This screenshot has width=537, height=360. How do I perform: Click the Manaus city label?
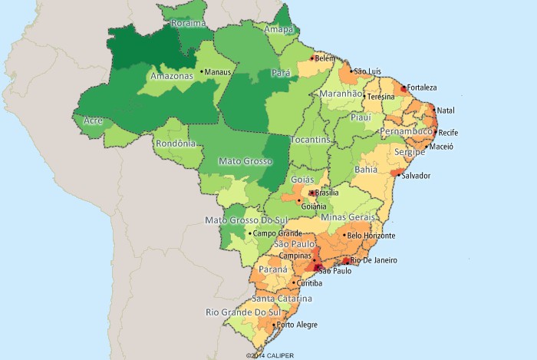[x=220, y=72]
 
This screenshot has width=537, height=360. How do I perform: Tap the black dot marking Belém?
[x=312, y=58]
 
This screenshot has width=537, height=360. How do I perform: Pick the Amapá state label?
[x=278, y=30]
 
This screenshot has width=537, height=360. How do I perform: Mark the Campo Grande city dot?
[x=249, y=233]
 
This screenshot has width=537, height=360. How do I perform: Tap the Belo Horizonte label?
[x=372, y=236]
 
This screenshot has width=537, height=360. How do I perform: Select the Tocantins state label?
[x=311, y=140]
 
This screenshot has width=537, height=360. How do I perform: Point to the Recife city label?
[x=448, y=133]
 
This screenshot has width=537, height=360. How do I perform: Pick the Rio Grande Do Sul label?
[x=242, y=312]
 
